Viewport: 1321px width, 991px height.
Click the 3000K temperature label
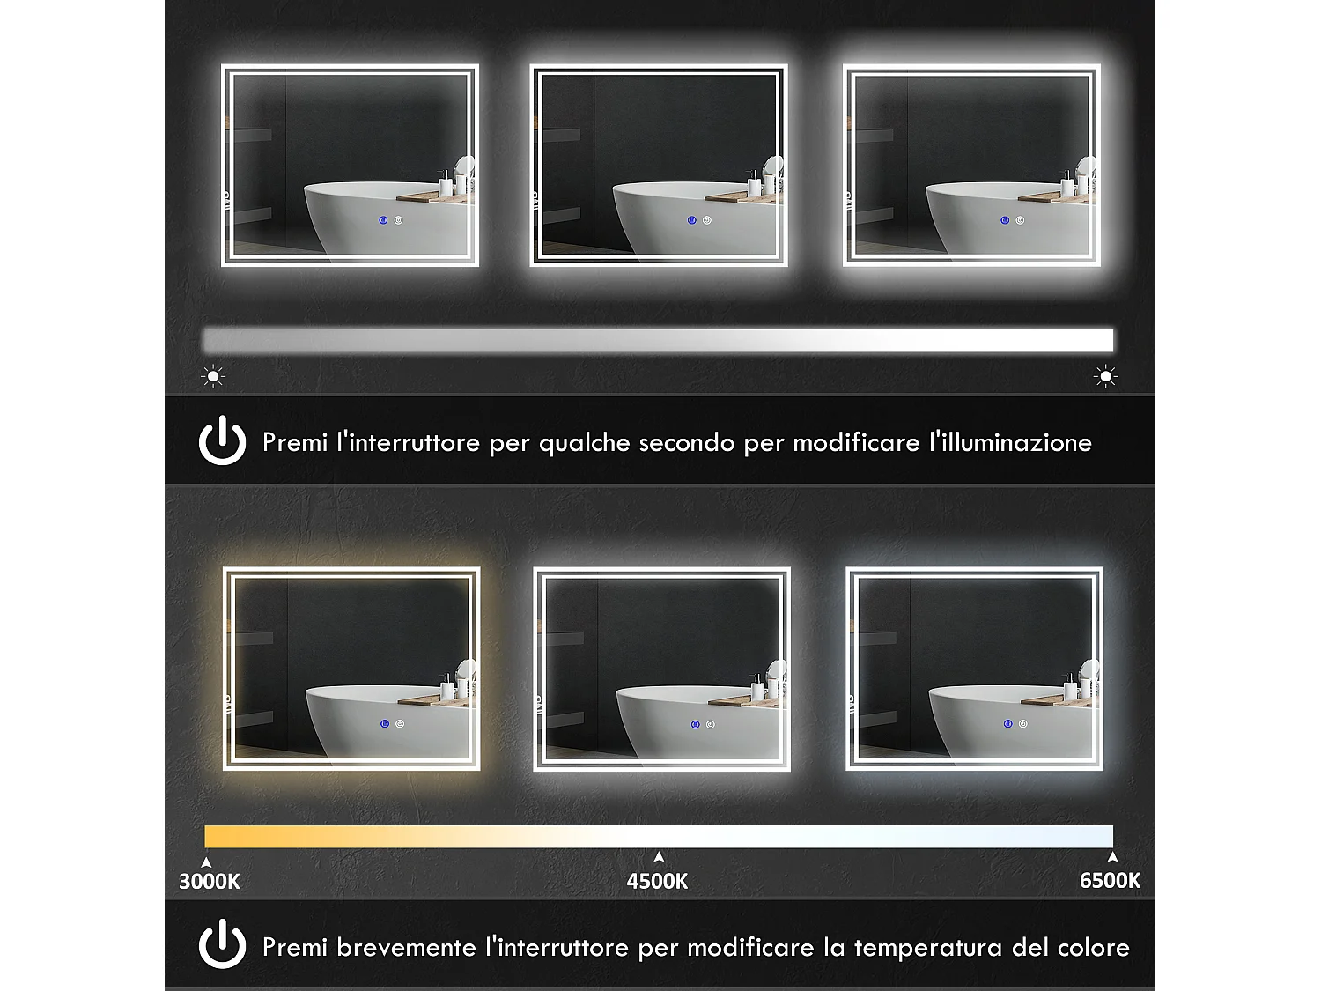click(x=210, y=881)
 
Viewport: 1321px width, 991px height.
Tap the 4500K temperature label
click(x=657, y=881)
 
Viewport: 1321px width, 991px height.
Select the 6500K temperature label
click(x=1110, y=880)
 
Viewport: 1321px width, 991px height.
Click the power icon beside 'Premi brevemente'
click(x=222, y=944)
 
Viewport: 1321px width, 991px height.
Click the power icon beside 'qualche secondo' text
click(x=222, y=440)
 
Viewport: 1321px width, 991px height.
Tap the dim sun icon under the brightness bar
click(x=213, y=377)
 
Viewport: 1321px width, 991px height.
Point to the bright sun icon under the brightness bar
click(x=1105, y=377)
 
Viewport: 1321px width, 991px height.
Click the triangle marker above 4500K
click(x=659, y=856)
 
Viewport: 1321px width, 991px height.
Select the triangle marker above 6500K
click(x=1112, y=856)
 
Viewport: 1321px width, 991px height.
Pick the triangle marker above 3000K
click(x=206, y=862)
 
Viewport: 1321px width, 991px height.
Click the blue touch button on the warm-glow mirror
click(x=385, y=724)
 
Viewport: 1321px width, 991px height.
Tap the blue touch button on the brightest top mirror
click(x=1004, y=220)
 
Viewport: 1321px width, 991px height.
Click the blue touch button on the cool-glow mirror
click(x=1007, y=724)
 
